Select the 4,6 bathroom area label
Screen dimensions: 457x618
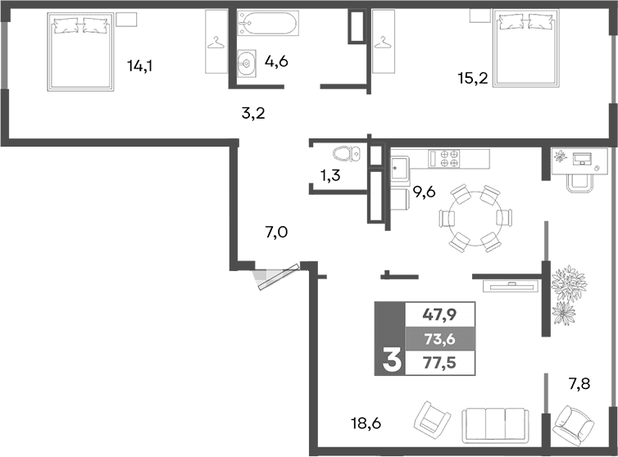(x=275, y=61)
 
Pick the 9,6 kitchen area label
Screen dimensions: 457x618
(x=424, y=193)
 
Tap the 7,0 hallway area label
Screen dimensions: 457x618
(x=277, y=233)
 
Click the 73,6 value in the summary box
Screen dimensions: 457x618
(x=439, y=337)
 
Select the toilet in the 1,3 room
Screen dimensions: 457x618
(x=348, y=154)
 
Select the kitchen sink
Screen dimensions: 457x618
(x=400, y=168)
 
